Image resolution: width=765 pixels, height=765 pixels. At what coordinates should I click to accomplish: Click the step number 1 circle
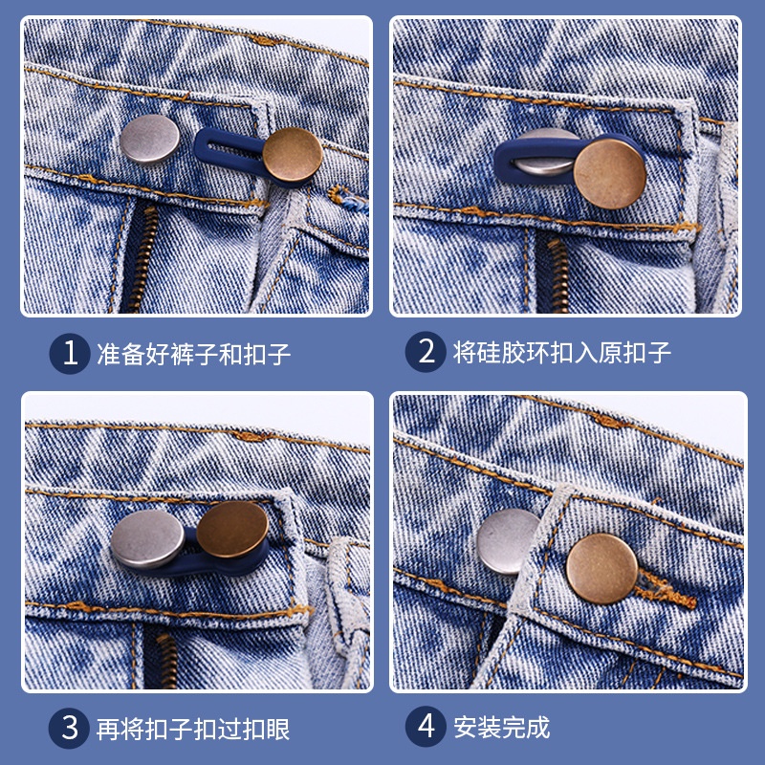[70, 353]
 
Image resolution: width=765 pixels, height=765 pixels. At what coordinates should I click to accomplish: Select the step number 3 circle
[70, 727]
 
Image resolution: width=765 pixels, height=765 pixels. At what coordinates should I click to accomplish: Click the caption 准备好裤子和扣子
[193, 354]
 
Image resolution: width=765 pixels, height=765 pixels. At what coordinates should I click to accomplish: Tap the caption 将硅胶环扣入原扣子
[562, 354]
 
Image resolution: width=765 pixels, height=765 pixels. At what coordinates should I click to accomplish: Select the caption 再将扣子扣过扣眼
[193, 728]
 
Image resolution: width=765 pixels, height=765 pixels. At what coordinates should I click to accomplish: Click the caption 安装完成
[502, 728]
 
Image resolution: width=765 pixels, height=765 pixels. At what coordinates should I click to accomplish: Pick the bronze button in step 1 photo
[295, 156]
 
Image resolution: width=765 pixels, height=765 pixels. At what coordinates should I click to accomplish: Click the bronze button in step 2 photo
[609, 171]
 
